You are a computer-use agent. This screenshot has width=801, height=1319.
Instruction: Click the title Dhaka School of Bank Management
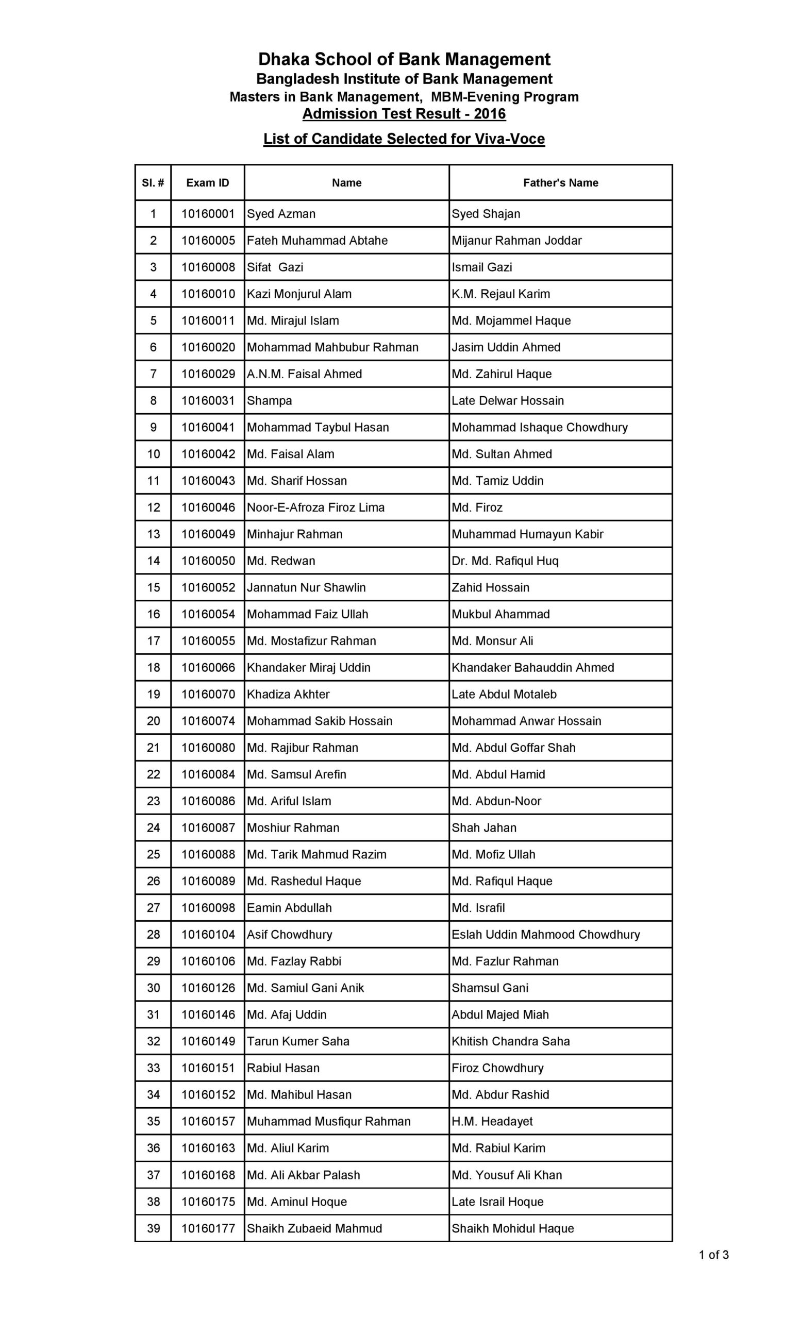pos(404,59)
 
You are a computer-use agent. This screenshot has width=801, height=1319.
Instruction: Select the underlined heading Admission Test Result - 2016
pos(404,114)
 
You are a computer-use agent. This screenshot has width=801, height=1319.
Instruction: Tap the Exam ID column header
pos(207,183)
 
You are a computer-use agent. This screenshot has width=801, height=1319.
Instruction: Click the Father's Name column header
pos(560,183)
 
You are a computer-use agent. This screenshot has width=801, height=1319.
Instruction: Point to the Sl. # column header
pos(153,183)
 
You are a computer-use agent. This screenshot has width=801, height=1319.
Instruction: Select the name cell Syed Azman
pos(281,214)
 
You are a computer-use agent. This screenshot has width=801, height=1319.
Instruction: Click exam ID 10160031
pos(208,401)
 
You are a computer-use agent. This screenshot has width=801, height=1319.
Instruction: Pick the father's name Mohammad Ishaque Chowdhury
pos(539,428)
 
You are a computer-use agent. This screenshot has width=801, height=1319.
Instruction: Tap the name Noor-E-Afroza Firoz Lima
pos(315,508)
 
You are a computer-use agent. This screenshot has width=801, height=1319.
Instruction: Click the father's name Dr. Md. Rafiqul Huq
pos(505,561)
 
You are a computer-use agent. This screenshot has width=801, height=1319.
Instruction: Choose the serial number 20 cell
pos(153,721)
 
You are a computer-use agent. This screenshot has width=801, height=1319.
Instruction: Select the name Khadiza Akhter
pos(288,695)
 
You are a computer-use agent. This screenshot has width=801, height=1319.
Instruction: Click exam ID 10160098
pos(208,908)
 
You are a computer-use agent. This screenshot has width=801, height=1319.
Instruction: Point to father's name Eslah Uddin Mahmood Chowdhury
pos(545,935)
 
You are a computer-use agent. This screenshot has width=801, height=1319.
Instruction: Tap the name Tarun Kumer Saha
pos(298,1041)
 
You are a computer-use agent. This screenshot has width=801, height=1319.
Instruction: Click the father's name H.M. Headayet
pos(492,1122)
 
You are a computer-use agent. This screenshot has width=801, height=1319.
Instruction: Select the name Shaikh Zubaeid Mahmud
pos(314,1228)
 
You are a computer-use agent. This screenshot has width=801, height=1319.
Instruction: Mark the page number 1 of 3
pos(713,1255)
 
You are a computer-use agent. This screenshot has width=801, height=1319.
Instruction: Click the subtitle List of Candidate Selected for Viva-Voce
pos(404,139)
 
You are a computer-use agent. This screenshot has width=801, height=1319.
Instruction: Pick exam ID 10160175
pos(208,1202)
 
